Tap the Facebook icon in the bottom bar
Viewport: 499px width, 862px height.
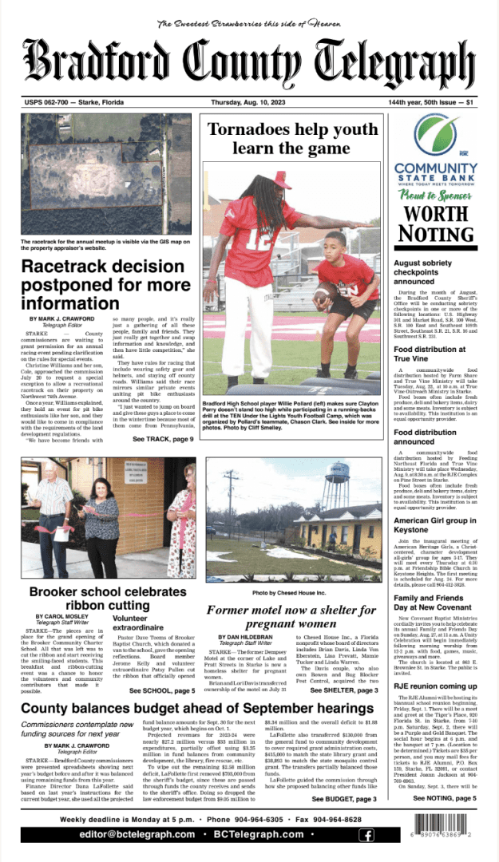click(x=366, y=835)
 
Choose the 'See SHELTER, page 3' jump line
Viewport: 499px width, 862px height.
click(x=345, y=690)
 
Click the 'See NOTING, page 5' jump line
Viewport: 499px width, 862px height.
click(x=444, y=798)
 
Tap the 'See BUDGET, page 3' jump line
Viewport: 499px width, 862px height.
click(x=343, y=798)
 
